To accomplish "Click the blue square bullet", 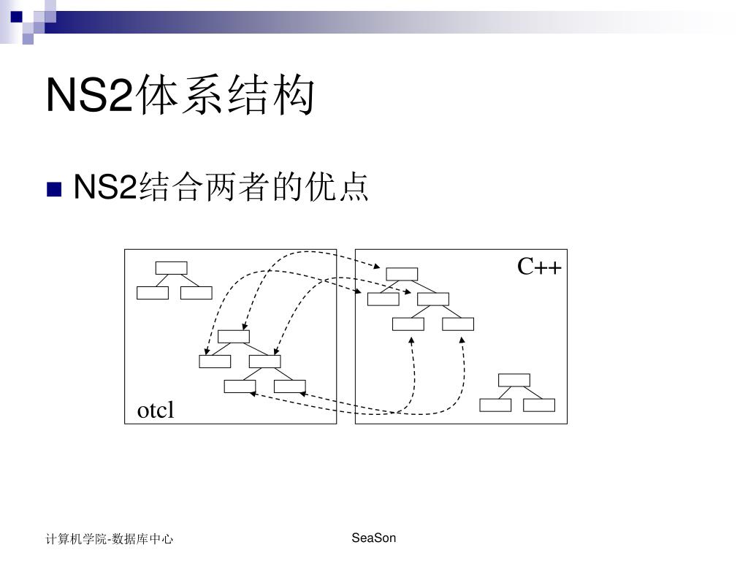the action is point(53,191).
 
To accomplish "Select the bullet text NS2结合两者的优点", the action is point(221,188).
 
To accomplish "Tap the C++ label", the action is point(540,267).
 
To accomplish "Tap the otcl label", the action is point(156,411).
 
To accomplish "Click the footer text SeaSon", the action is point(373,538).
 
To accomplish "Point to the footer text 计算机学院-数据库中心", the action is point(110,539).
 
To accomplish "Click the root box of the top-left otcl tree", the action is point(171,267).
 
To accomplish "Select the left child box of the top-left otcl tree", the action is point(152,293).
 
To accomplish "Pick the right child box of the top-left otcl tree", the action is point(196,293).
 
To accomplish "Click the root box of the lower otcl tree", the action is point(234,336).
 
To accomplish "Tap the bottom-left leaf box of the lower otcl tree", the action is point(240,386).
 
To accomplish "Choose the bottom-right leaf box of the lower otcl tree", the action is point(289,386).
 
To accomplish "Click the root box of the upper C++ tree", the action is point(402,274).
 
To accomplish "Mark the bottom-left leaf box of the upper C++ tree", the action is point(408,324).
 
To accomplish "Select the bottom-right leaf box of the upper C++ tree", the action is point(458,324).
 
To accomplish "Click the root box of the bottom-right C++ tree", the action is point(514,380).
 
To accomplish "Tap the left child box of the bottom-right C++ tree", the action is point(495,405).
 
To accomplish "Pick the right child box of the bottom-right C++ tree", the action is point(539,405).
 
